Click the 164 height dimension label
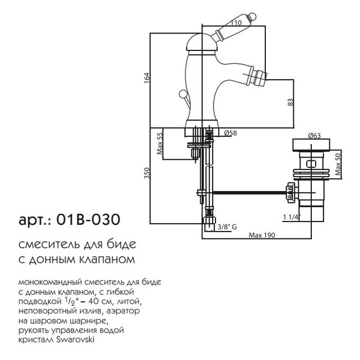coord(147,78)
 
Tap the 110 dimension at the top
coord(236,23)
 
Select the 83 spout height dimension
coord(290,102)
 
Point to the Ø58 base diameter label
coord(230,133)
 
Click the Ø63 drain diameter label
coord(315,136)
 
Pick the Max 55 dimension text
coord(160,144)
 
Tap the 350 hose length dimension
coord(147,173)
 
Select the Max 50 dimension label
coord(338,164)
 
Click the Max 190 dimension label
coord(262,235)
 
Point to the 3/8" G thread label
coord(227,227)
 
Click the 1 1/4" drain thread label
coord(292,217)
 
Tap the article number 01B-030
coord(88,219)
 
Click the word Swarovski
coord(75,340)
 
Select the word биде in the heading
coord(122,244)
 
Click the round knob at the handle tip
coord(252,16)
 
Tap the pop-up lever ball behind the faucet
coord(183,94)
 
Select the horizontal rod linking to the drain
coord(250,192)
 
